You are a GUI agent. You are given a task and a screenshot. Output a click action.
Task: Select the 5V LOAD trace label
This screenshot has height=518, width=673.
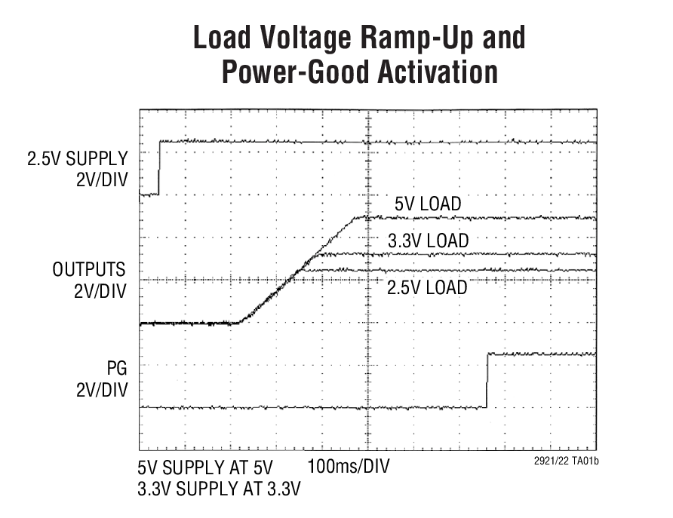pyautogui.click(x=427, y=204)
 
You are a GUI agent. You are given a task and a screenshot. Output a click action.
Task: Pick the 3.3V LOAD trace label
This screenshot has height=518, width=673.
pyautogui.click(x=427, y=241)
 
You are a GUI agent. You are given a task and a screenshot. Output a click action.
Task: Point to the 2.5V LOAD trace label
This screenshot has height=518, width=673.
pyautogui.click(x=427, y=287)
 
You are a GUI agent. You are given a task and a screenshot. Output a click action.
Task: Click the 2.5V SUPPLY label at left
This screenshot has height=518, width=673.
pyautogui.click(x=78, y=159)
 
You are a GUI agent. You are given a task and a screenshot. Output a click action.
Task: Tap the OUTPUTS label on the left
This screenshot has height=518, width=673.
pyautogui.click(x=89, y=271)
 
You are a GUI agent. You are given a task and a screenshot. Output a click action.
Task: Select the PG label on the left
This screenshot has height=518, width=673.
pyautogui.click(x=115, y=369)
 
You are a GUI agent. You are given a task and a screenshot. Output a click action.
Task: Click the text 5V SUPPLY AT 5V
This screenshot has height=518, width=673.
pyautogui.click(x=206, y=466)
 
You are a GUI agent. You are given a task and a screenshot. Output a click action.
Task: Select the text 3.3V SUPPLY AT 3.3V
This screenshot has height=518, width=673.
pyautogui.click(x=219, y=489)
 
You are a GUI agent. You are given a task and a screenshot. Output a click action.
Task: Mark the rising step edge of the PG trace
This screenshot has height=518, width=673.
pyautogui.click(x=487, y=381)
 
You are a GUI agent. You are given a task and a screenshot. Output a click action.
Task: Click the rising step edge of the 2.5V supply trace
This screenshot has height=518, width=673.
pyautogui.click(x=159, y=167)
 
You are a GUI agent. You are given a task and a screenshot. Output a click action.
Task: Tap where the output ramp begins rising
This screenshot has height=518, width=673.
pyautogui.click(x=238, y=322)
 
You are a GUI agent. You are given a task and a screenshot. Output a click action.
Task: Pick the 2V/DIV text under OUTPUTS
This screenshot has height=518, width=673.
pyautogui.click(x=100, y=292)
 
